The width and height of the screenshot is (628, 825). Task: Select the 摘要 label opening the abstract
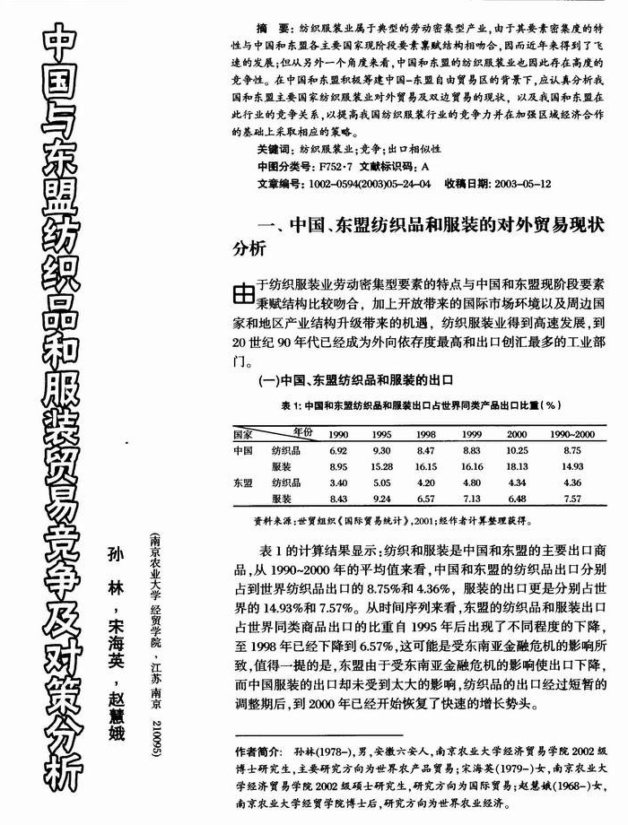[272, 30]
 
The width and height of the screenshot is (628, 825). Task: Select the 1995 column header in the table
[381, 433]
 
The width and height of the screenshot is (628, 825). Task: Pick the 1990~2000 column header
[571, 433]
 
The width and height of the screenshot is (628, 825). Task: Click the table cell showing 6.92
[338, 450]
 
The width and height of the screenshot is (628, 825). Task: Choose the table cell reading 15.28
[381, 466]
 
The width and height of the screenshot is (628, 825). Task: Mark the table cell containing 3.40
[338, 482]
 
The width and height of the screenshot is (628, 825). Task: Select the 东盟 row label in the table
[243, 482]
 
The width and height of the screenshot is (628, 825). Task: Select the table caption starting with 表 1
[422, 405]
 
